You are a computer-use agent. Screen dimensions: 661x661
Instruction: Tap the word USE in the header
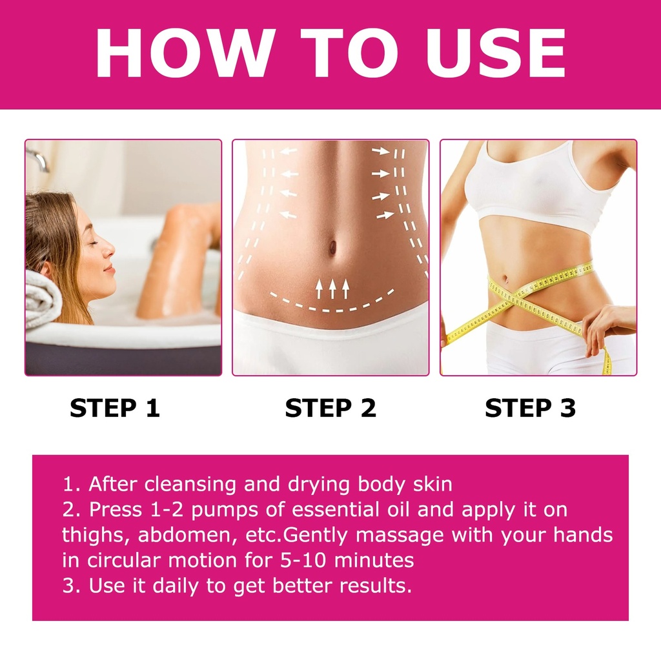[x=496, y=53]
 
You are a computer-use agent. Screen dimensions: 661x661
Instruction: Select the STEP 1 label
[x=115, y=408]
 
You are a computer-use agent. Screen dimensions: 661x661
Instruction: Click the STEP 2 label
[x=330, y=408]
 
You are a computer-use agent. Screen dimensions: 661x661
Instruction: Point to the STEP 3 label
[x=531, y=408]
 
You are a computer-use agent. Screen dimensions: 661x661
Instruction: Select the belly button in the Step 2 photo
[x=332, y=247]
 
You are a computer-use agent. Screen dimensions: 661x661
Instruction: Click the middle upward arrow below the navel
[x=332, y=289]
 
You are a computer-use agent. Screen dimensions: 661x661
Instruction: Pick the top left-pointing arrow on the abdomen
[x=289, y=151]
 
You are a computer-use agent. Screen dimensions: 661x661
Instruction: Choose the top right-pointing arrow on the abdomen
[x=381, y=150]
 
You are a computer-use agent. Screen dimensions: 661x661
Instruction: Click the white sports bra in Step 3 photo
[x=540, y=185]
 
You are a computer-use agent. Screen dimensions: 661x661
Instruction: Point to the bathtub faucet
[x=40, y=160]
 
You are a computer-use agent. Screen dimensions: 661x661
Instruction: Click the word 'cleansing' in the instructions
[x=190, y=485]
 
